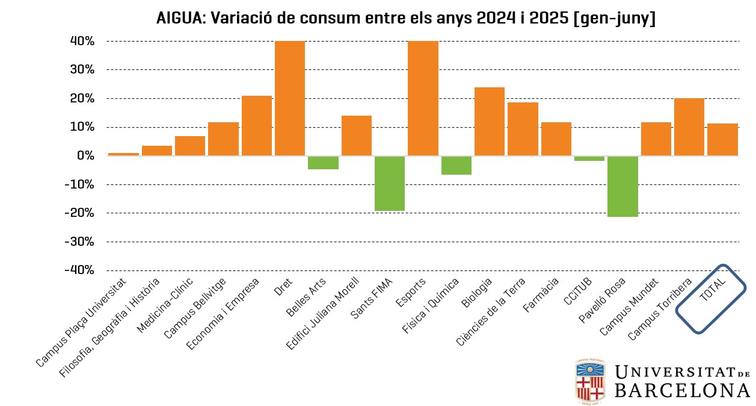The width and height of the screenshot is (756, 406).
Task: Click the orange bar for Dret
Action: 290,98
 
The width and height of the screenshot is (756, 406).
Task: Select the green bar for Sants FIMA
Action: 390,183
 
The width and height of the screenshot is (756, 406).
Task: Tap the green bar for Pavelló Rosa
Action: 622,186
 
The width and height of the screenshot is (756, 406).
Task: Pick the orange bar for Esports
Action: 423,98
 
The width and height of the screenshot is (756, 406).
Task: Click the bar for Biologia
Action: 490,122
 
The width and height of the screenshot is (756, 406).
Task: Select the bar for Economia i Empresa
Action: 257,126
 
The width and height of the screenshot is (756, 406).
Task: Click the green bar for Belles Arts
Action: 323,163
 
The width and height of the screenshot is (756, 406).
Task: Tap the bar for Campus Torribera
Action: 689,127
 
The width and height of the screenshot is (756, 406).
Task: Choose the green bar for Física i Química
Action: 456,165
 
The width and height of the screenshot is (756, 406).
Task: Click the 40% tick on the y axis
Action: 81,42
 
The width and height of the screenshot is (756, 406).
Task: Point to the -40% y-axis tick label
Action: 79,270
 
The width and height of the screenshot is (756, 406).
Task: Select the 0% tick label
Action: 85,156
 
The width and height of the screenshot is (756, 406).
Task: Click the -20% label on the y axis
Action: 79,213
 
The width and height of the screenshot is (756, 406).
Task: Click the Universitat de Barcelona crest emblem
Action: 590,381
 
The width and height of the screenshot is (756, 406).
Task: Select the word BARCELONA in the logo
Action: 682,390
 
